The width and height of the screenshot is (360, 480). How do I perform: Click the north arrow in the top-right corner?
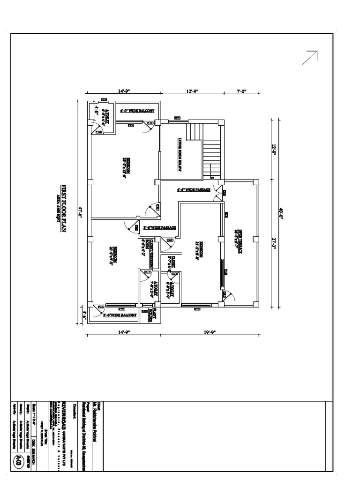(x=310, y=57)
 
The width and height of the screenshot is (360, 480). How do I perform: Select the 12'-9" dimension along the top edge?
(x=192, y=92)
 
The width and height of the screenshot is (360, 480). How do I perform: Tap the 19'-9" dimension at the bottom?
(x=211, y=332)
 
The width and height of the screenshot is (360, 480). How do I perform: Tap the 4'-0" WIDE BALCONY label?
(x=136, y=111)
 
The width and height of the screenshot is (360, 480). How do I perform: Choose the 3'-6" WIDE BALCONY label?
(x=120, y=315)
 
